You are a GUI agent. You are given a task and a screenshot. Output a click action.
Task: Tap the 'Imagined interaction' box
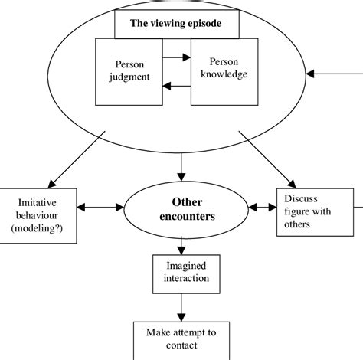coord(181,270)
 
